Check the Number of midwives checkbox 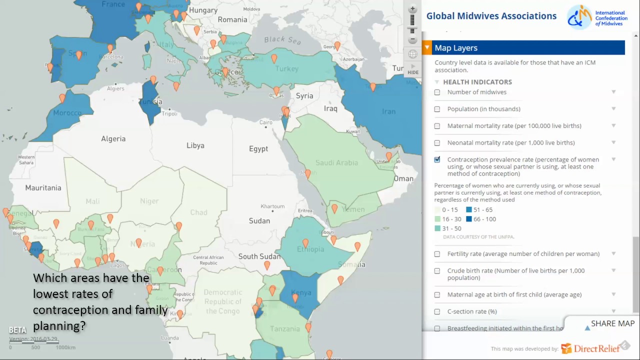point(437,92)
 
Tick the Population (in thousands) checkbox point(437,109)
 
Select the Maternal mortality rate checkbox point(437,126)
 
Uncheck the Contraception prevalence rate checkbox point(437,159)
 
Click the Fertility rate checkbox point(437,254)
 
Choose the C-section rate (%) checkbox point(437,311)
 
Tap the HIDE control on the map point(412,69)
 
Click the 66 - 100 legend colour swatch point(469,219)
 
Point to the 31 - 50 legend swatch point(437,228)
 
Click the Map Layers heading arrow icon point(427,48)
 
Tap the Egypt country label point(258,149)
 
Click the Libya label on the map point(195,145)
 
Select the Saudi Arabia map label point(336,162)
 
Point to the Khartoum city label point(272,206)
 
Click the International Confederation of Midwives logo point(597,17)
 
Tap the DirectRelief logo point(590,348)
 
